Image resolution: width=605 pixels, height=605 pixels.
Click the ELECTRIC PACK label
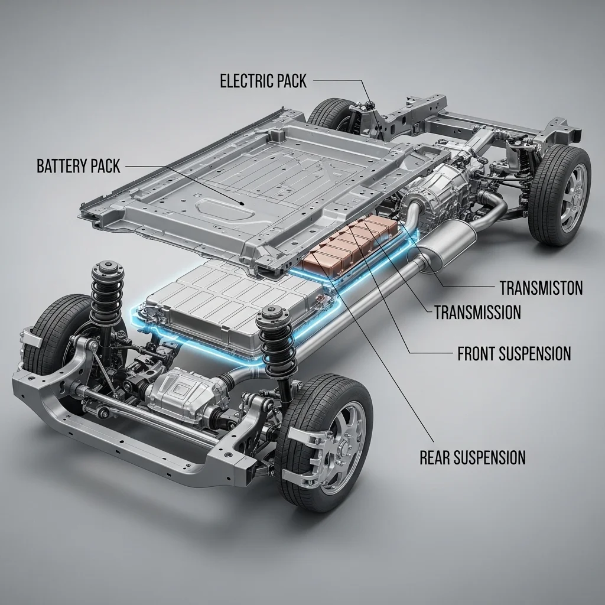263,81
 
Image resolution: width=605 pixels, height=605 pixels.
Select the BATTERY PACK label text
79,166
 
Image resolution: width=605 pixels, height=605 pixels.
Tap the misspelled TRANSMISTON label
541,288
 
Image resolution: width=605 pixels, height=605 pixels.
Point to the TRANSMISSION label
477,312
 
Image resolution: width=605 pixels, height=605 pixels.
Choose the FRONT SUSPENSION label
514,353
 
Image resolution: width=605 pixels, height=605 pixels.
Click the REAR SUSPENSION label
472,458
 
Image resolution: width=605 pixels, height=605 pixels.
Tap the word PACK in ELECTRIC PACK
291,81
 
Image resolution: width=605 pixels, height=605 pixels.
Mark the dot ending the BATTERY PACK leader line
242,203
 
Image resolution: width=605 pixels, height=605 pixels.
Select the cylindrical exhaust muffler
448,247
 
